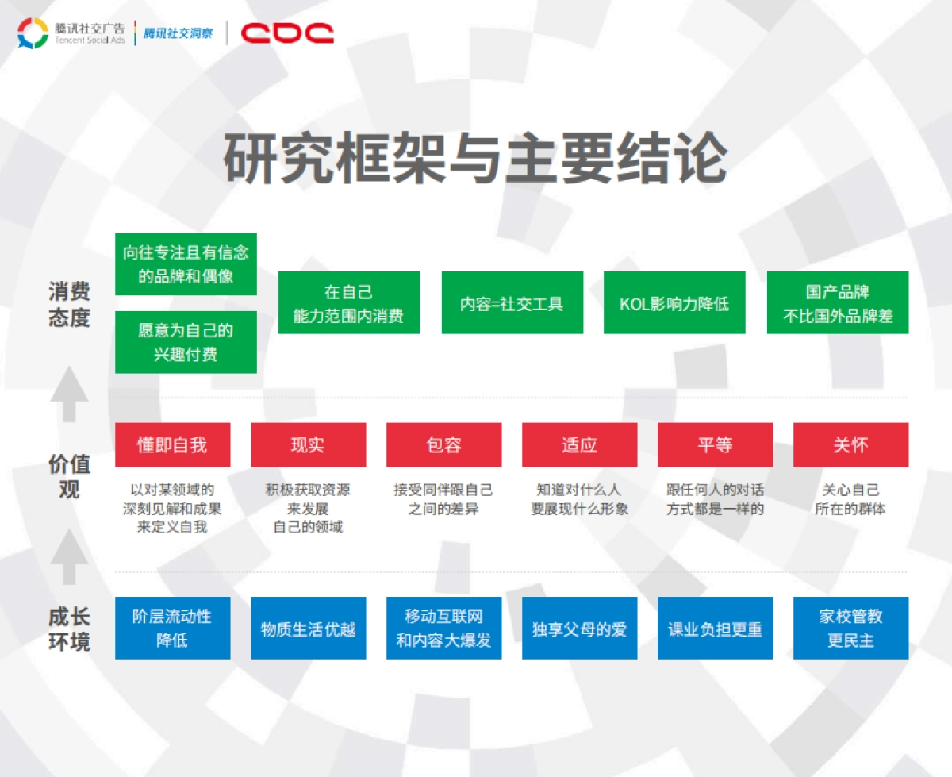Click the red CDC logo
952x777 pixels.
point(287,33)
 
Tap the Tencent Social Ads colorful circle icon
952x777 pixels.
point(33,33)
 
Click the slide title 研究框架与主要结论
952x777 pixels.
point(474,159)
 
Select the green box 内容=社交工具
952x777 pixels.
point(512,303)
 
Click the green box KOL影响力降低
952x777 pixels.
point(674,303)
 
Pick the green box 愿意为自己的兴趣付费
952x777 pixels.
point(186,342)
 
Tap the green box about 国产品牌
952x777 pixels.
point(838,303)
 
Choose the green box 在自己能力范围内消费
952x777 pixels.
point(348,303)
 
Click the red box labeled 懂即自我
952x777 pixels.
point(172,444)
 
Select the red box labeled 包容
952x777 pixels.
point(443,444)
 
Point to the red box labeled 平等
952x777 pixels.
point(715,444)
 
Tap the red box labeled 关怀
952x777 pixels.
point(850,444)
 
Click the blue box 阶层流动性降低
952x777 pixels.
point(172,628)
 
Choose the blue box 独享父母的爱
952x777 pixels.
point(579,628)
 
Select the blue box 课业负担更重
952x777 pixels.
point(715,628)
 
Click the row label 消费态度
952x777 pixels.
point(69,305)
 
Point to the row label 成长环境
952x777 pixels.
point(69,629)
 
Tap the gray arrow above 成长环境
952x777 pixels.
point(69,557)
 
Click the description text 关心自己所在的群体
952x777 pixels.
point(850,499)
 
